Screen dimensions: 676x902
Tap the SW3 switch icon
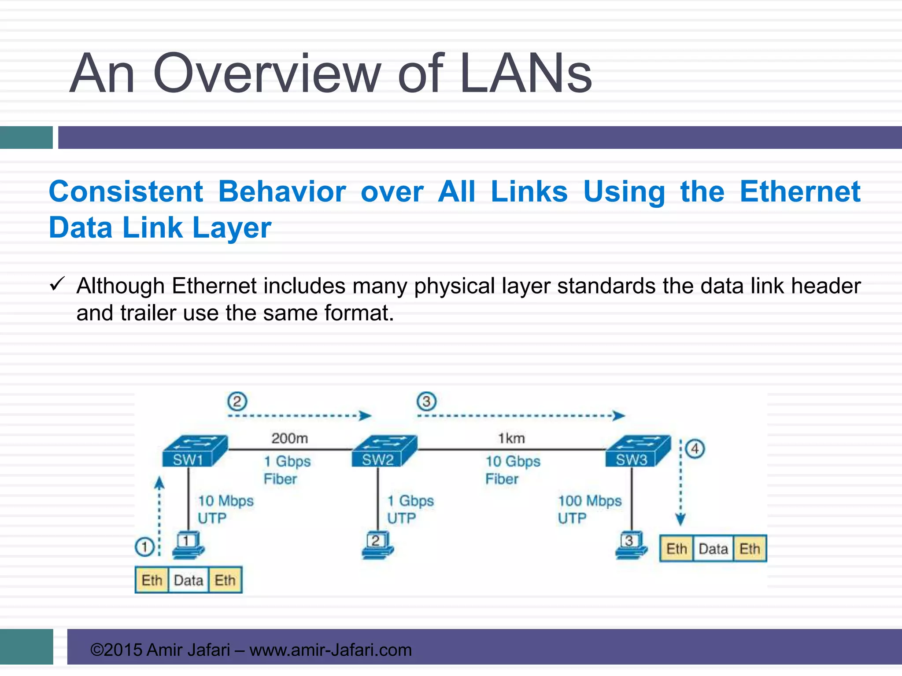(638, 451)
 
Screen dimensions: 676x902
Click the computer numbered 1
(188, 545)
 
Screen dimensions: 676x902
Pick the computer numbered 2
(377, 545)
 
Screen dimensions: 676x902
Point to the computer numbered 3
(631, 545)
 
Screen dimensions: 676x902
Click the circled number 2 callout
(237, 401)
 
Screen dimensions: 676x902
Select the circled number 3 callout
(426, 401)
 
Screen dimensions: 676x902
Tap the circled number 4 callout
(695, 449)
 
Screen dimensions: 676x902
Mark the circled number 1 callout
(144, 547)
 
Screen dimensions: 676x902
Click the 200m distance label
(289, 438)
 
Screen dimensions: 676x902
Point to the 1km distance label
(511, 438)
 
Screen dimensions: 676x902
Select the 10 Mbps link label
(225, 501)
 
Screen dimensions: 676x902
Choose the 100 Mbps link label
(590, 501)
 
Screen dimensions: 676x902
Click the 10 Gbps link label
(513, 461)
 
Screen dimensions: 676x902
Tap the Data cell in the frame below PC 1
(189, 580)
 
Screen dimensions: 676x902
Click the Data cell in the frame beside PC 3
(713, 549)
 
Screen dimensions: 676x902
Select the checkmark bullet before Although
(57, 284)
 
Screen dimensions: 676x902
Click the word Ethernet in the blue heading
(800, 192)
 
